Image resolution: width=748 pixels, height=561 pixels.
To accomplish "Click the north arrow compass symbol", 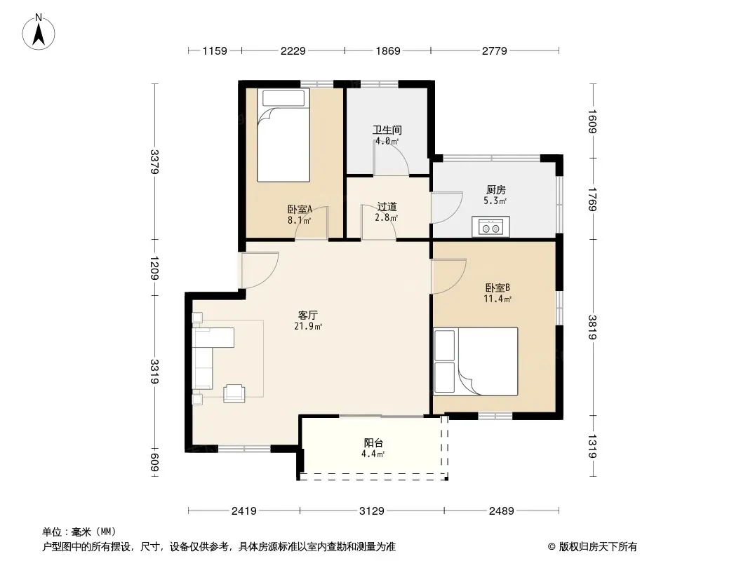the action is [39, 32].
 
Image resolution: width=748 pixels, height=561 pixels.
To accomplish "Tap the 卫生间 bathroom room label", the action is [387, 130].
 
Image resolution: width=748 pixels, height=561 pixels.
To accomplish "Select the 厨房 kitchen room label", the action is [495, 190].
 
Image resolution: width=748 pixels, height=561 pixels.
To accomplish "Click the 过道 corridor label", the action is [387, 207].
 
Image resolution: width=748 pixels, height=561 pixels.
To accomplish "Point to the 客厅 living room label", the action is [308, 315].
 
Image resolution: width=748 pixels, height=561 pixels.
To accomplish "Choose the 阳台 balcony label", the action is [373, 442].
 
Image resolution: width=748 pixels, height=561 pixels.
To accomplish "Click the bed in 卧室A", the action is [283, 135].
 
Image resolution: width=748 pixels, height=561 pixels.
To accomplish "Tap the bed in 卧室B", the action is [476, 361].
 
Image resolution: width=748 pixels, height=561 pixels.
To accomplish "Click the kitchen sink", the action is [491, 227].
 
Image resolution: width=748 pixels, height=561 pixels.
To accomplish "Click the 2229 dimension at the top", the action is [293, 50].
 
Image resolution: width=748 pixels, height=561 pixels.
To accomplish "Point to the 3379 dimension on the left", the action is [154, 161].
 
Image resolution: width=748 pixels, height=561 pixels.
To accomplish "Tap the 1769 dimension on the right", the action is [592, 199].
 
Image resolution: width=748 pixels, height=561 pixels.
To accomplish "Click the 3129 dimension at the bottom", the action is [372, 511].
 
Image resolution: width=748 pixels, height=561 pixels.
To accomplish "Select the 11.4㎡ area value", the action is [497, 299].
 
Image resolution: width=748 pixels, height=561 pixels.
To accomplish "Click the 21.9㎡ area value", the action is [308, 327].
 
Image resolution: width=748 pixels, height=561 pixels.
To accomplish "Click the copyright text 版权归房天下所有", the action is [598, 547].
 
